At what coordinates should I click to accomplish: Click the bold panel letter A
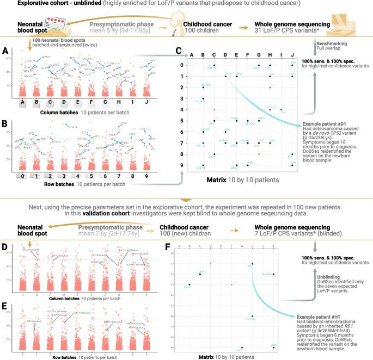point(5,51)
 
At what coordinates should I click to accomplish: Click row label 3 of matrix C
point(184,98)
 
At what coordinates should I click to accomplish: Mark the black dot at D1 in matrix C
point(225,76)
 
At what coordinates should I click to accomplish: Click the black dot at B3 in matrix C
point(203,98)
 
